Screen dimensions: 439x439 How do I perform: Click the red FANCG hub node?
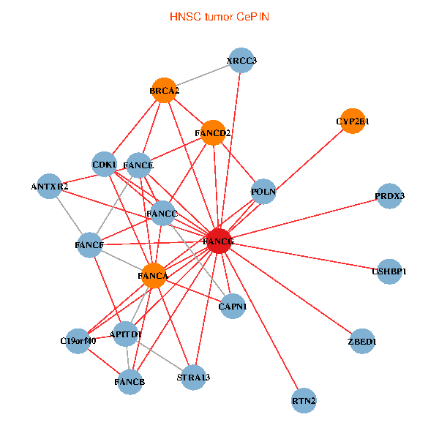coord(219,241)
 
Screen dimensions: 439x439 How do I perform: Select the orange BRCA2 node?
coord(165,91)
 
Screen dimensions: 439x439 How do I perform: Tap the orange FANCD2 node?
coord(213,132)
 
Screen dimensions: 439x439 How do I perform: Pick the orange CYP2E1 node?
coord(353,121)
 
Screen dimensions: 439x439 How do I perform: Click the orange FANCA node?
coord(153,276)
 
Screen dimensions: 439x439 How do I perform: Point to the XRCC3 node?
coord(241,61)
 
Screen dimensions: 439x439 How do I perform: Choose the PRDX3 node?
coord(389,196)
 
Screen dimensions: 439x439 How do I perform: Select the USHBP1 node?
coord(389,271)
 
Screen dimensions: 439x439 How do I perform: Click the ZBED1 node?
coord(362,341)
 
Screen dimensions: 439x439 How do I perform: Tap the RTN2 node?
coord(304,400)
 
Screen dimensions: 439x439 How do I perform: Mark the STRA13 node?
coord(193,378)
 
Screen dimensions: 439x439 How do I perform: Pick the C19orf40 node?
coord(78,341)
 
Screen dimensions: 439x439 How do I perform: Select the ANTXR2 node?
coord(50,187)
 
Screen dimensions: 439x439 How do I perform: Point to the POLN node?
coord(263,192)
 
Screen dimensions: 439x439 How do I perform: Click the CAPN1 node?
coord(233,306)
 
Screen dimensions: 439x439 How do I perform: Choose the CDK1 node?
coord(105,165)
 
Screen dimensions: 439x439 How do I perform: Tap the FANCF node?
coord(89,244)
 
